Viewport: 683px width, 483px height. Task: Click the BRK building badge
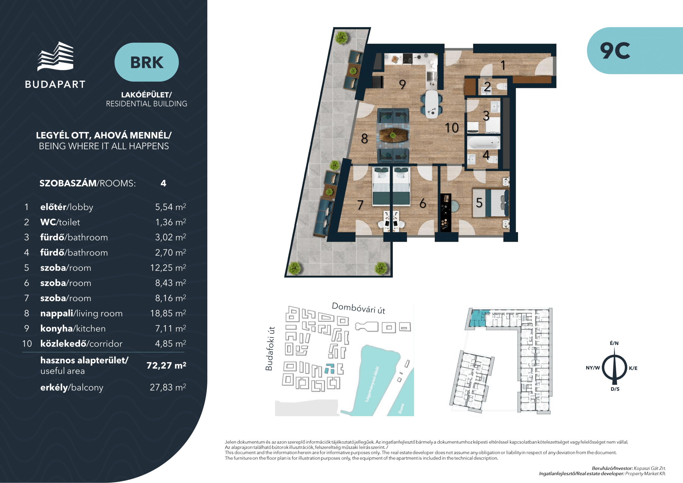point(147,62)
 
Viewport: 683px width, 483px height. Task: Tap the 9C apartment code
point(615,51)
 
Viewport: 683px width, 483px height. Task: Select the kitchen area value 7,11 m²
point(171,328)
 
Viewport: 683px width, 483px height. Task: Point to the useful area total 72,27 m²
point(166,365)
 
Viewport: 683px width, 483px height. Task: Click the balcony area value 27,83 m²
point(168,387)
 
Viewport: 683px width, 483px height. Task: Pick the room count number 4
point(163,183)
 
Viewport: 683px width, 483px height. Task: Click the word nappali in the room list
point(57,313)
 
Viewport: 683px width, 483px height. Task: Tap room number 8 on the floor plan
point(364,139)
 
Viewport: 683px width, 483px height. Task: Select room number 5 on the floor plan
point(479,203)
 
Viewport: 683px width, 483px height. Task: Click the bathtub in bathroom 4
point(484,143)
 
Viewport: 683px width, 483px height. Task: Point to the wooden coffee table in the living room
point(393,135)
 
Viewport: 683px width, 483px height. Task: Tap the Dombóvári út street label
point(359,308)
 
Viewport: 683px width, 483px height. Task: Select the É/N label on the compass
point(614,343)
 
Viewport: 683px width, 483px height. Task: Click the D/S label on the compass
point(615,389)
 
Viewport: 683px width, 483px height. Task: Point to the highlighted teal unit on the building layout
point(477,318)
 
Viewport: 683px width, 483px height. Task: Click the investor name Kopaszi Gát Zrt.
point(650,468)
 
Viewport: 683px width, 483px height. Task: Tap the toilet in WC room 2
point(502,86)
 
